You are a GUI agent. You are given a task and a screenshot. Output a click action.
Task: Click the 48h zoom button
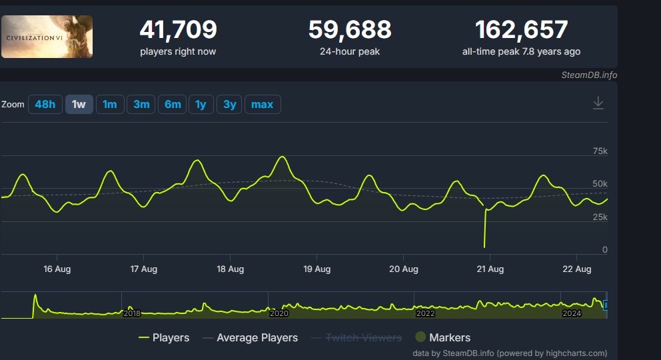click(45, 105)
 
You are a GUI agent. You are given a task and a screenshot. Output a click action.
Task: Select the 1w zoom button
click(79, 105)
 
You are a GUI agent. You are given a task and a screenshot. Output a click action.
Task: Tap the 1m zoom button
click(110, 105)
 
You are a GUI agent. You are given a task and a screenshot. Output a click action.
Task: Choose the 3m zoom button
click(141, 105)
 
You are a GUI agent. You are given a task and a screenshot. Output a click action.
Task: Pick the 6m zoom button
click(173, 105)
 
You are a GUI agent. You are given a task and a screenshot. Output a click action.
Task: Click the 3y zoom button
click(229, 105)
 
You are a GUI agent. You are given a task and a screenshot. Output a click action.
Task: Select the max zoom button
click(263, 105)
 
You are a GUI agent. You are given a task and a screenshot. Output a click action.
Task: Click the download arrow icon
click(598, 103)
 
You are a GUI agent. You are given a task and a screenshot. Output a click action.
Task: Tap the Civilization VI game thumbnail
click(47, 37)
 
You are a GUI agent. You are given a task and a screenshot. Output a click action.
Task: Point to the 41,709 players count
click(178, 30)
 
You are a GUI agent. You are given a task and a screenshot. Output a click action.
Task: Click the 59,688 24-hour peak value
click(349, 30)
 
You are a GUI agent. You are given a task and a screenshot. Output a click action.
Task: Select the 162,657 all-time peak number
click(521, 30)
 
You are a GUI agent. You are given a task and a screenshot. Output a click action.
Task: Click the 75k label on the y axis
click(600, 151)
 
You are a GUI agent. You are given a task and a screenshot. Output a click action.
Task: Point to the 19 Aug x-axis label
click(317, 269)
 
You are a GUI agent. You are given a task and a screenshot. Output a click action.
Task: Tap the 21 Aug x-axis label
click(490, 269)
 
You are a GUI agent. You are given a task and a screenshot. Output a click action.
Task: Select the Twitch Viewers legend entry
click(363, 338)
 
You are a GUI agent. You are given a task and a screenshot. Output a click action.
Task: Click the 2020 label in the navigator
click(279, 313)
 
